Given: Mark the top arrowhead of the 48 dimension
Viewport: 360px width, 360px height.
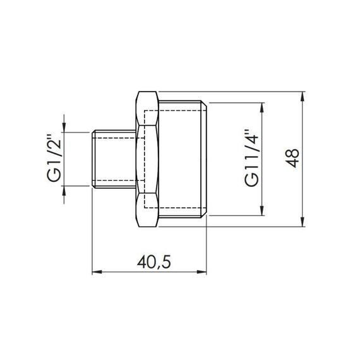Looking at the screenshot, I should [x=304, y=95].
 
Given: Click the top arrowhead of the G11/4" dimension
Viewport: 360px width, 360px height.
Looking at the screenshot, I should [x=261, y=105].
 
